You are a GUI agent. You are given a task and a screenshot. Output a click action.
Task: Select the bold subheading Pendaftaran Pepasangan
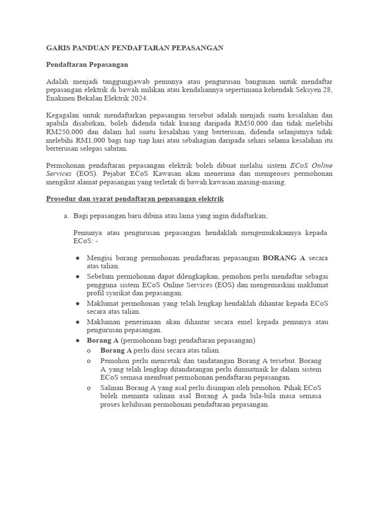[87, 65]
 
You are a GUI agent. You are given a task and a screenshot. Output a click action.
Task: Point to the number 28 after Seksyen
[327, 90]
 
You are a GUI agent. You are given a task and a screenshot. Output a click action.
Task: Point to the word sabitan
[115, 148]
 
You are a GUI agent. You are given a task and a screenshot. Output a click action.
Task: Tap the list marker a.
[65, 216]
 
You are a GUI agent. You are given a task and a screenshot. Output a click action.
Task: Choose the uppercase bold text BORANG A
[284, 258]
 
